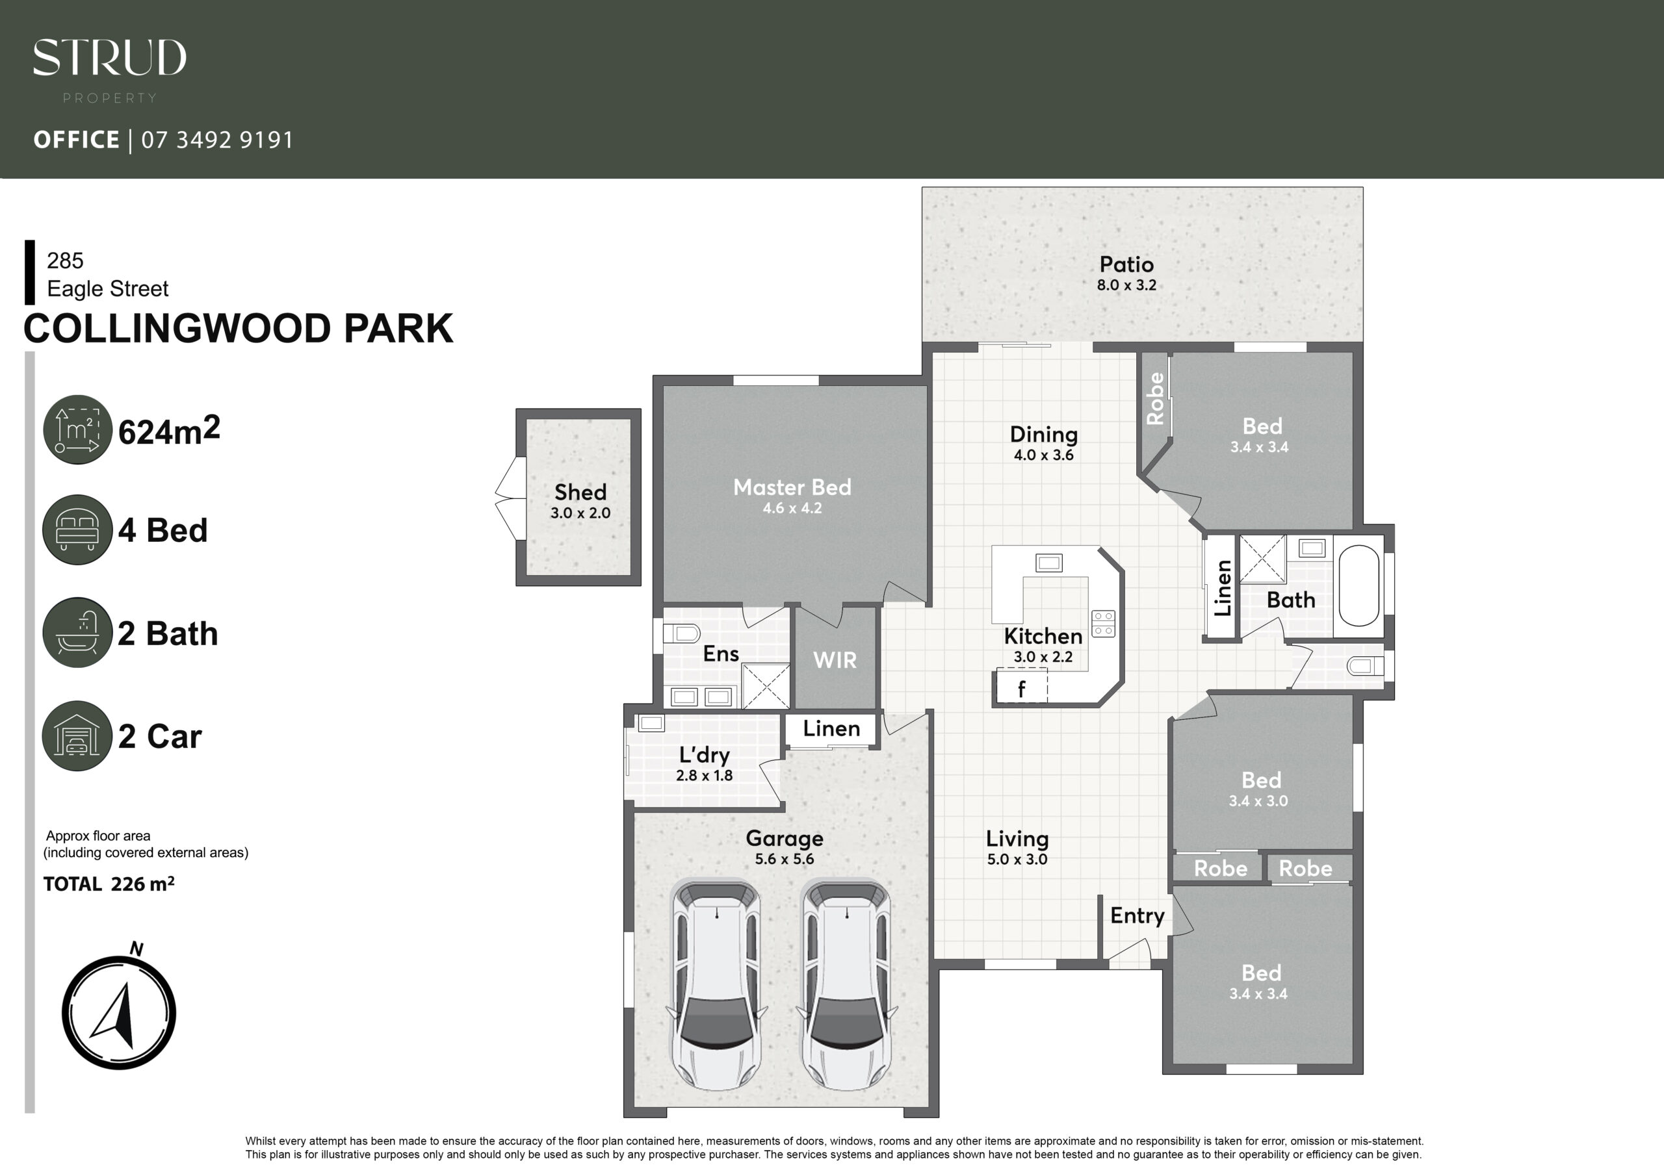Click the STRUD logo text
pyautogui.click(x=109, y=57)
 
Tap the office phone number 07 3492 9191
pyautogui.click(x=217, y=139)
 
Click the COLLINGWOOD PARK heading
pyautogui.click(x=239, y=328)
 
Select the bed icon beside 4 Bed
pyautogui.click(x=77, y=530)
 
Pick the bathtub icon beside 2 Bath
pyautogui.click(x=77, y=633)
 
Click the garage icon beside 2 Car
pyautogui.click(x=77, y=735)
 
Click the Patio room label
pyautogui.click(x=1126, y=264)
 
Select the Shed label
pyautogui.click(x=580, y=492)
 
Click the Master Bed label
pyautogui.click(x=792, y=487)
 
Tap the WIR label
pyautogui.click(x=835, y=660)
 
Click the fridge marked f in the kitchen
pyautogui.click(x=1022, y=686)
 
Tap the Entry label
pyautogui.click(x=1137, y=916)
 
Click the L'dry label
pyautogui.click(x=705, y=755)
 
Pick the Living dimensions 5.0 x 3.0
pyautogui.click(x=1017, y=860)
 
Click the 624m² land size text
pyautogui.click(x=169, y=430)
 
